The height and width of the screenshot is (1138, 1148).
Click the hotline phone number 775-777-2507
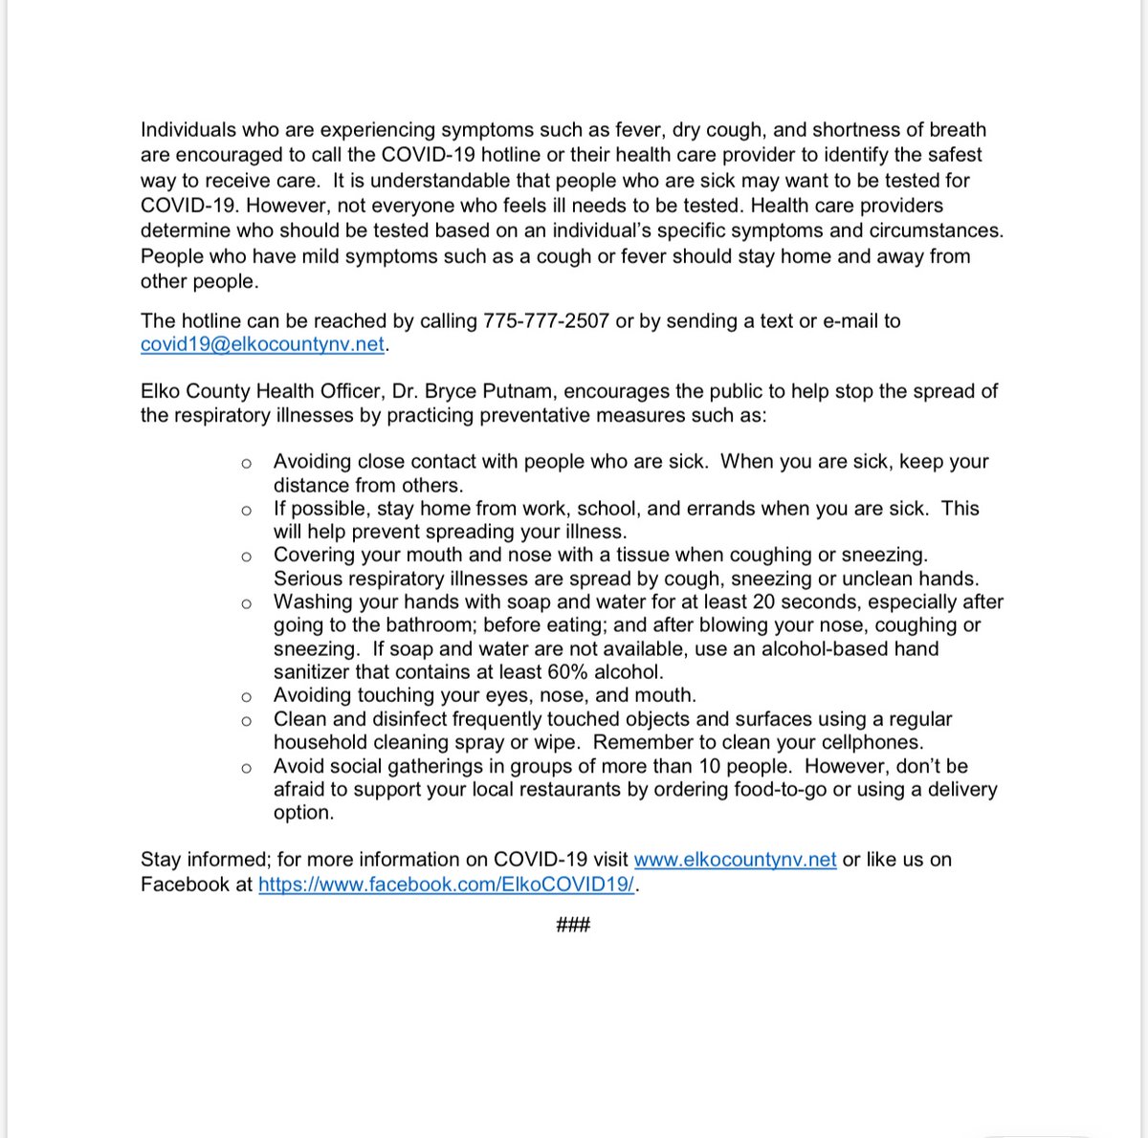point(546,321)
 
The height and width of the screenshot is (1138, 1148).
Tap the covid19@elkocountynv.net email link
point(262,345)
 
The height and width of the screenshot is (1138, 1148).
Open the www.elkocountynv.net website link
point(735,860)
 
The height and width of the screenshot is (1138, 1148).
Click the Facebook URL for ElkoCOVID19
point(446,885)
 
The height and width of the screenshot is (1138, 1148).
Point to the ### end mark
point(573,925)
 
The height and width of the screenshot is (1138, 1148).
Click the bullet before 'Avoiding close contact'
point(247,463)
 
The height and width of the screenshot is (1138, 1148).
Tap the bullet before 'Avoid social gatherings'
point(247,768)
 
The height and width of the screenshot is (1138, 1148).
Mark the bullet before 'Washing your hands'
point(247,603)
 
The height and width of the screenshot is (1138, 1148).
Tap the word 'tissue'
point(642,556)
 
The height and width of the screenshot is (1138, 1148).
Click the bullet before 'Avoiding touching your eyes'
point(247,697)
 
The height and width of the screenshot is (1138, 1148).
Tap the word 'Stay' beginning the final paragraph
point(161,860)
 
